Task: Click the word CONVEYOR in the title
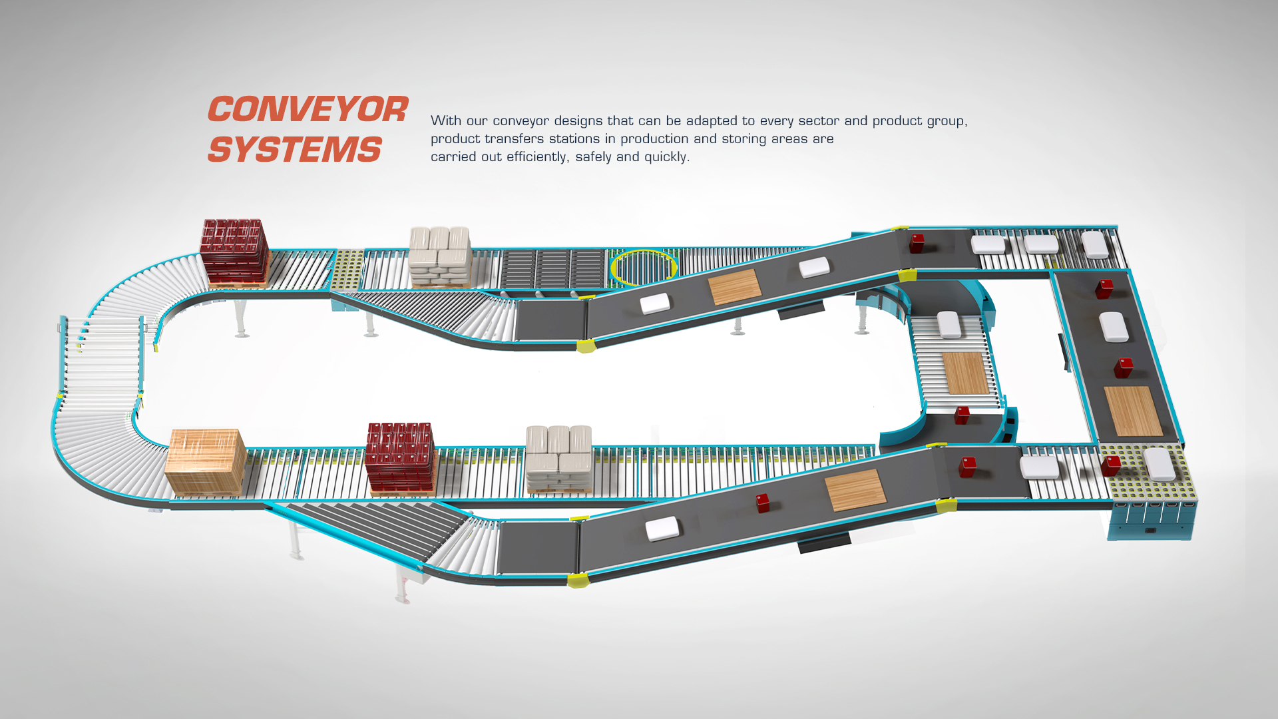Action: coord(308,110)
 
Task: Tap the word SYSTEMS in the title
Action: coord(294,149)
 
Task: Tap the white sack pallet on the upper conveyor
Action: coord(440,256)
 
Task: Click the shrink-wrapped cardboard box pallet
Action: coord(205,461)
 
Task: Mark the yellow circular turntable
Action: coord(643,267)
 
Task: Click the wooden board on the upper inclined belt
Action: coord(734,287)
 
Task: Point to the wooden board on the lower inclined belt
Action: coord(855,490)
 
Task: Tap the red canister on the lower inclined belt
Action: coord(763,503)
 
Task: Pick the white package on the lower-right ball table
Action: coord(1160,463)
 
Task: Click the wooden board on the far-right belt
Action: coord(1133,411)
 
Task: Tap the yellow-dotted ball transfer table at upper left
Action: coord(348,270)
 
